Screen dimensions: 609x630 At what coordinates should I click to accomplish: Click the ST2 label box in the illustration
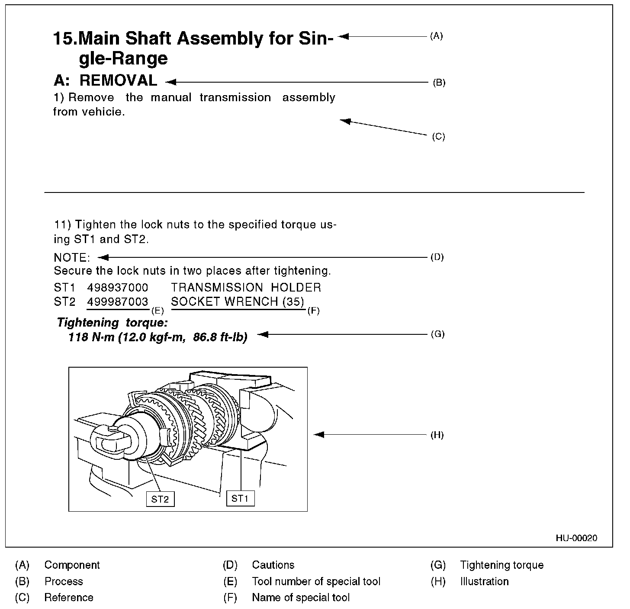pyautogui.click(x=160, y=499)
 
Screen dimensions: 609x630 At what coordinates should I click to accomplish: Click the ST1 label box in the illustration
pyautogui.click(x=240, y=498)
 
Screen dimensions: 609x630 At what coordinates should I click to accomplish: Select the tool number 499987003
pyautogui.click(x=118, y=302)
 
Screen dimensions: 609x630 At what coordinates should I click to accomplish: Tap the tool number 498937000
pyautogui.click(x=118, y=288)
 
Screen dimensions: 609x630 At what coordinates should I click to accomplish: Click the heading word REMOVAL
pyautogui.click(x=118, y=80)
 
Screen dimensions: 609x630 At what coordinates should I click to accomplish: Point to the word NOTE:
pyautogui.click(x=72, y=258)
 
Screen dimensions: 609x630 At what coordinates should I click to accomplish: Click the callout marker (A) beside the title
pyautogui.click(x=436, y=36)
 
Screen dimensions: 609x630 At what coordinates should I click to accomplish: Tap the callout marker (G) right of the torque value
pyautogui.click(x=437, y=334)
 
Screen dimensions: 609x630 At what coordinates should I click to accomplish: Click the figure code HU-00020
pyautogui.click(x=576, y=538)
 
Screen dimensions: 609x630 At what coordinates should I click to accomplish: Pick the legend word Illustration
pyautogui.click(x=484, y=581)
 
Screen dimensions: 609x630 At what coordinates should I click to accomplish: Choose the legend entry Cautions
pyautogui.click(x=273, y=565)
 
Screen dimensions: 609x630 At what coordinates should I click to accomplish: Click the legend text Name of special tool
pyautogui.click(x=301, y=598)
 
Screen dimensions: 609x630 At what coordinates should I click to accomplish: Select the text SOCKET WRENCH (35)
pyautogui.click(x=238, y=302)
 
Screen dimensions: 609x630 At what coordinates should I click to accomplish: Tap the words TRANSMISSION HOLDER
pyautogui.click(x=246, y=288)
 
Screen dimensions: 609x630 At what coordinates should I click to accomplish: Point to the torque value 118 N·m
pyautogui.click(x=91, y=337)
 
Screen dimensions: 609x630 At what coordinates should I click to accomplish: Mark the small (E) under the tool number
pyautogui.click(x=157, y=310)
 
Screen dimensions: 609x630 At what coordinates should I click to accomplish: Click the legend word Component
pyautogui.click(x=72, y=565)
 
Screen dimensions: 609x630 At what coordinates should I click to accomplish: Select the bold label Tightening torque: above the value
pyautogui.click(x=112, y=323)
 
